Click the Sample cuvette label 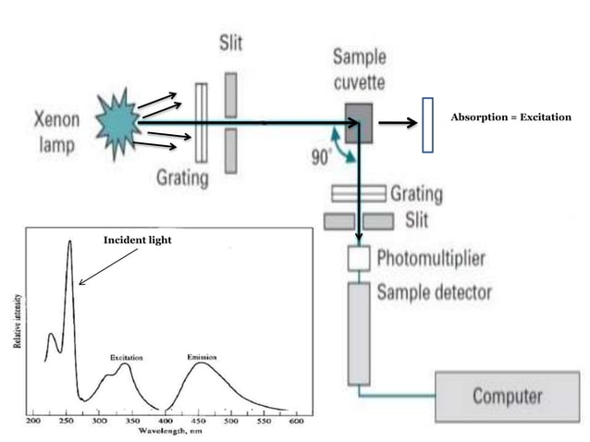tap(359, 68)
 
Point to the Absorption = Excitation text tap(510, 118)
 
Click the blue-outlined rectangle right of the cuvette tap(426, 124)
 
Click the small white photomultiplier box tap(358, 259)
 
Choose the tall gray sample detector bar tap(358, 334)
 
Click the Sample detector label tap(434, 293)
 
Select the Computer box tap(507, 397)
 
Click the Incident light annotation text tap(137, 240)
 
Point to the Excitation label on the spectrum tap(125, 356)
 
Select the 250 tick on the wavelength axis tap(67, 421)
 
